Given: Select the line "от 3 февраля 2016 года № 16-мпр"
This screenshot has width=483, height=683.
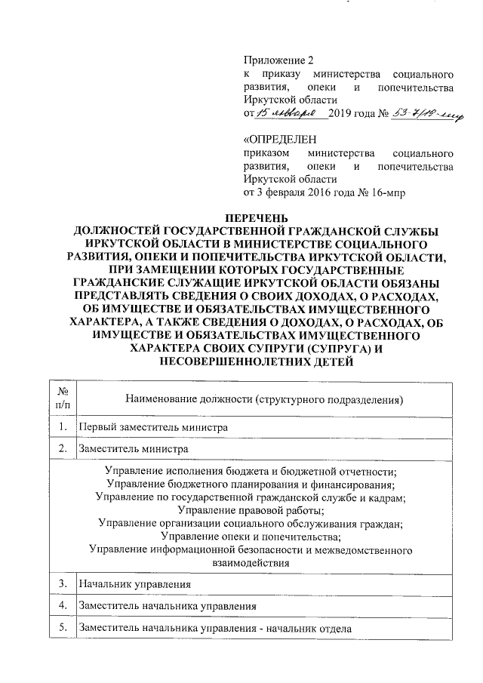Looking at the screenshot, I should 324,192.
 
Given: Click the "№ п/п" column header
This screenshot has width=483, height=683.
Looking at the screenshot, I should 63,398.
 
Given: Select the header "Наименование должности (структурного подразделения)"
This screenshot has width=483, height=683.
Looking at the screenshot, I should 264,398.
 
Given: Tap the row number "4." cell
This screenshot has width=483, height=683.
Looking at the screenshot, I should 63,606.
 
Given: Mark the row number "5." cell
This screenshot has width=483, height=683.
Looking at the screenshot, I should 63,628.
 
